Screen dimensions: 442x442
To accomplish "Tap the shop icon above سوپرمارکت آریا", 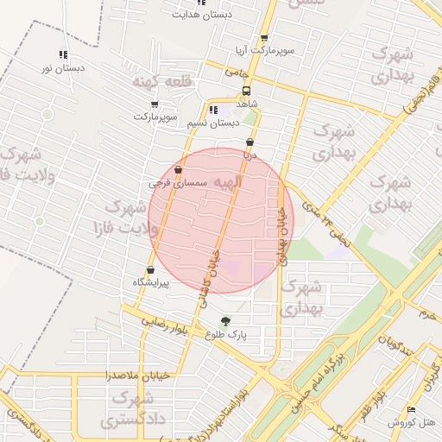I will point(263,38).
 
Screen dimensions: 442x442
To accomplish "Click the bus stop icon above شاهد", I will point(248,90).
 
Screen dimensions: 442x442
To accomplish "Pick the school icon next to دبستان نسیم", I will point(212,110).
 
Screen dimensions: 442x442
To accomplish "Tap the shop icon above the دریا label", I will point(250,142).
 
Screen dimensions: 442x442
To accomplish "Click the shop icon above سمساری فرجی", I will point(178,170).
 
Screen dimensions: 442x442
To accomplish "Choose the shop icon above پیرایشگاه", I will point(151,271).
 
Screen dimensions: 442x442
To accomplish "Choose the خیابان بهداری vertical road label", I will point(281,235).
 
